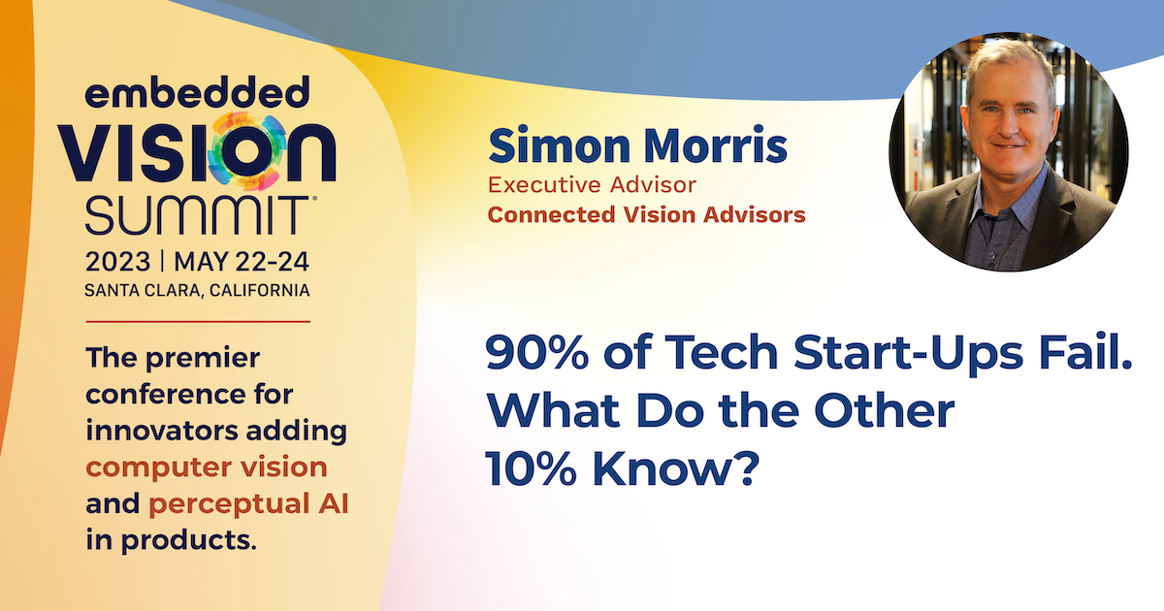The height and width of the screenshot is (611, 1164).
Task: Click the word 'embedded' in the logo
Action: tap(197, 92)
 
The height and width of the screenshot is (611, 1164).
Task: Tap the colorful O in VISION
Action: tap(246, 150)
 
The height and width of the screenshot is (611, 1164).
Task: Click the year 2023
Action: tap(118, 261)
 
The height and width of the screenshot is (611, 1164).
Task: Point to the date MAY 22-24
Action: tap(242, 261)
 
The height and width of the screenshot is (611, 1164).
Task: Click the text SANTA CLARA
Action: tap(143, 290)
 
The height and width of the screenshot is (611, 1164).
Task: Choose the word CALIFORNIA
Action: tap(259, 290)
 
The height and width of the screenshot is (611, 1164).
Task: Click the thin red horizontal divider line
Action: tap(198, 322)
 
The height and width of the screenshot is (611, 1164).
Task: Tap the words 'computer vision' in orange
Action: tap(207, 467)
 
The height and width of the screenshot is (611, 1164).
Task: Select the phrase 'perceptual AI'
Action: tap(248, 504)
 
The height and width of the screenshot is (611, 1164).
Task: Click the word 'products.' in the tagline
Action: tap(188, 540)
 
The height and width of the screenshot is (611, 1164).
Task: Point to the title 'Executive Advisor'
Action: tap(592, 185)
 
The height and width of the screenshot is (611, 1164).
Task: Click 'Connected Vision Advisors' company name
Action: tap(646, 214)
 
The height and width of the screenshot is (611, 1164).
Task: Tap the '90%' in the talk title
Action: tap(537, 352)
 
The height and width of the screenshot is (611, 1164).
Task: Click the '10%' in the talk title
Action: tap(531, 467)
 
